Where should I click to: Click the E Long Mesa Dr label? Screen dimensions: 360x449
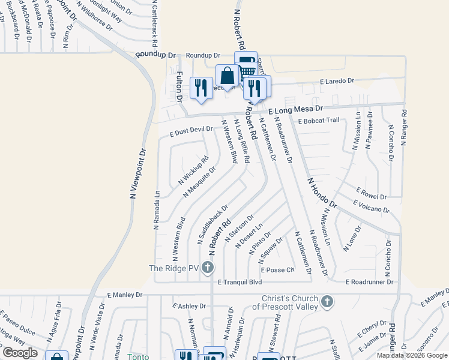295,110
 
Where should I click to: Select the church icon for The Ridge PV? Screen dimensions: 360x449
208,267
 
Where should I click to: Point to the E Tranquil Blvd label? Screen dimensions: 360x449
240,282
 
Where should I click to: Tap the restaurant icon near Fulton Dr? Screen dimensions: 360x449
200,87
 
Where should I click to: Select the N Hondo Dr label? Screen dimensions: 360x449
322,193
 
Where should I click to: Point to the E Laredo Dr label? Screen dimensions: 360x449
337,81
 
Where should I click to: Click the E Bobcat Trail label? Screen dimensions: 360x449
318,120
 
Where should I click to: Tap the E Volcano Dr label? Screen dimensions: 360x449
372,208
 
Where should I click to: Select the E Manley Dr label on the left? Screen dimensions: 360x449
125,295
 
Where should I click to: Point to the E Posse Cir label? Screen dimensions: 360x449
277,269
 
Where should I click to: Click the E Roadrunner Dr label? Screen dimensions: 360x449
369,281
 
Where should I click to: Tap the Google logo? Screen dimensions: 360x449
20,353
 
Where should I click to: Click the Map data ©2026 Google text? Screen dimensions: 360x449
412,355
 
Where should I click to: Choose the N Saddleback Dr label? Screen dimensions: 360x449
213,224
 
